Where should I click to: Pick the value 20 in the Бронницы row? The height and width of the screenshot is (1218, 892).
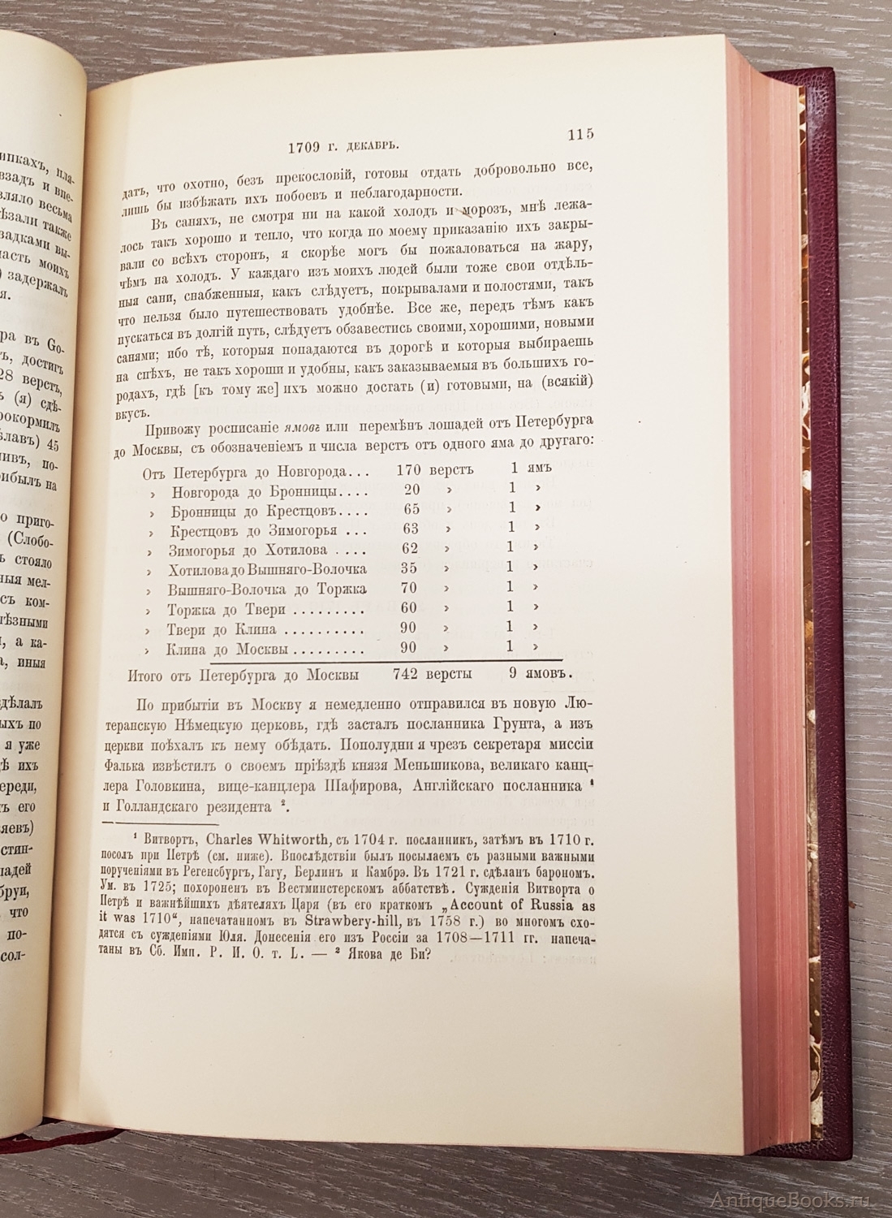(x=412, y=490)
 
